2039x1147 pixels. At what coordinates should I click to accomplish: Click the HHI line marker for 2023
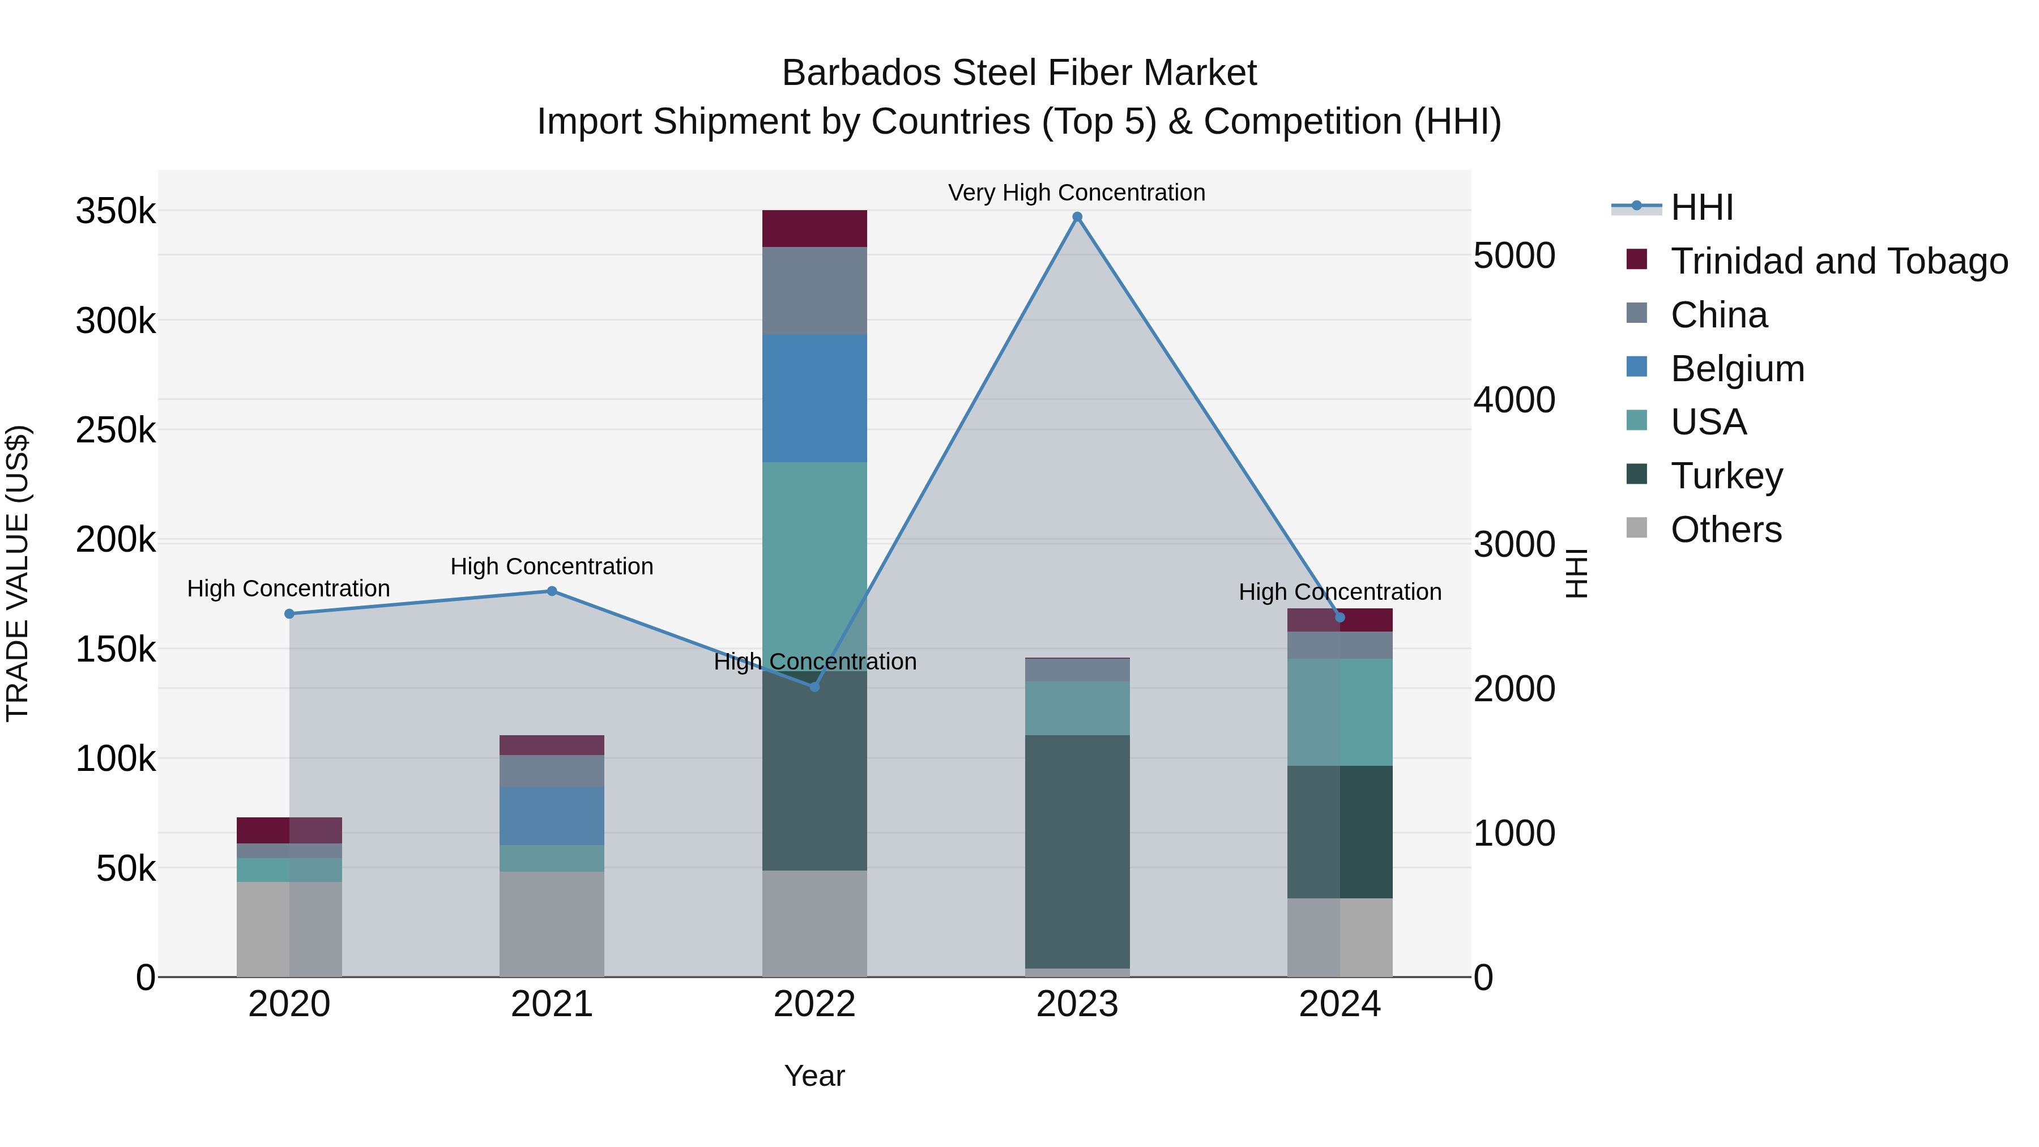coord(1077,217)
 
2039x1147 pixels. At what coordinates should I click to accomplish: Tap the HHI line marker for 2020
coord(289,613)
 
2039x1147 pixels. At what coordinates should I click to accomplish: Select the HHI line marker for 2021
coord(552,591)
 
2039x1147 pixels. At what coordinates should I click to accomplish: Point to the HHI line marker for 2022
coord(814,687)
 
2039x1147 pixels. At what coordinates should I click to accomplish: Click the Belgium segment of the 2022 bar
coord(814,398)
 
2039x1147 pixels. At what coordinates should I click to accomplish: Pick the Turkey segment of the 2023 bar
coord(1077,851)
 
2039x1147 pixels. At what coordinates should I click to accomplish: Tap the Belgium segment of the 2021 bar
coord(552,815)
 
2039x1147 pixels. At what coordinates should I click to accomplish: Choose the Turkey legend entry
coord(1726,476)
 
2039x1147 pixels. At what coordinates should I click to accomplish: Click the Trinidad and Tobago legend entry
coord(1838,261)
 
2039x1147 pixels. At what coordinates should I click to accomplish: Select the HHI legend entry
coord(1702,207)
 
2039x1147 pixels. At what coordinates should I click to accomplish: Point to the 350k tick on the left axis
coord(116,211)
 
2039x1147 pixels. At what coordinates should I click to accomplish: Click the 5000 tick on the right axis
coord(1513,255)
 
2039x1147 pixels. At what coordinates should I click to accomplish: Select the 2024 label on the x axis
coord(1340,1004)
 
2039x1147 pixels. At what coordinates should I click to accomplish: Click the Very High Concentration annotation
coord(1077,193)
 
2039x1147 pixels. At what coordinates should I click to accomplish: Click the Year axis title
coord(814,1076)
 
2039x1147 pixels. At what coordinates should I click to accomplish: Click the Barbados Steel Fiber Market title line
coord(1019,73)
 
